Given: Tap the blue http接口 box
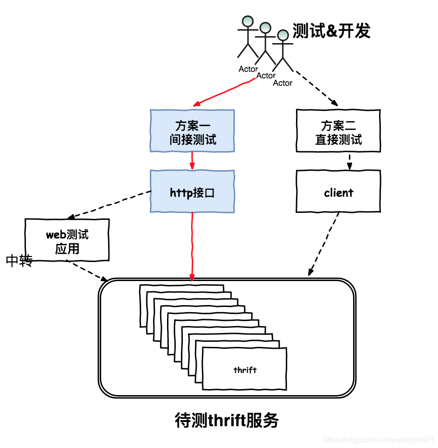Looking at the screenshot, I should point(192,192).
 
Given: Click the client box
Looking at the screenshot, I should point(338,192).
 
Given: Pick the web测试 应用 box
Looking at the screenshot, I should point(67,240).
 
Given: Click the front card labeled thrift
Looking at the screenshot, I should point(245,369).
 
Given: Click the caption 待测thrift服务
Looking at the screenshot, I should point(227,420).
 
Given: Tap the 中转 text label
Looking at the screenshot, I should point(19,261).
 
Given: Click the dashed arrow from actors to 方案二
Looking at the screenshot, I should point(316,88).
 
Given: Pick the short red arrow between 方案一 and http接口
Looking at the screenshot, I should point(192,161).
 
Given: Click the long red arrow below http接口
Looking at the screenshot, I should point(192,246).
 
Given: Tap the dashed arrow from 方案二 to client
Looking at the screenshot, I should point(349,161).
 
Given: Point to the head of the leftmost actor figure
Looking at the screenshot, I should point(248,21).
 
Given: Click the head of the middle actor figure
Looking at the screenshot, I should point(265,28).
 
